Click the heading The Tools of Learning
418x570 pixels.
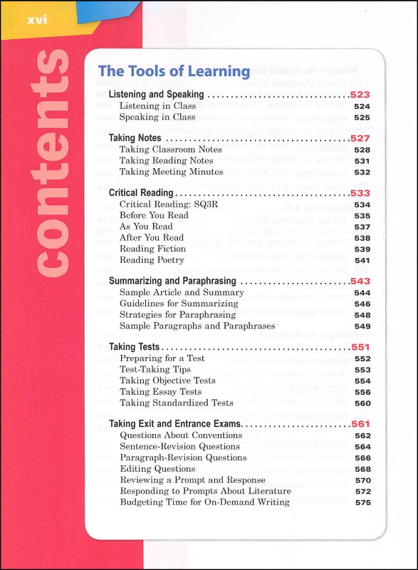(174, 71)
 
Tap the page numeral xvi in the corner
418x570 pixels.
(36, 20)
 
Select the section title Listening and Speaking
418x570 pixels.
(156, 94)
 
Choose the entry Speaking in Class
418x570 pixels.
(157, 117)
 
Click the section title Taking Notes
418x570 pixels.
(135, 138)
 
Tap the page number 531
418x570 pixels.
(362, 161)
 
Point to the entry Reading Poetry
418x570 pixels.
(152, 260)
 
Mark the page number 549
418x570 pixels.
(362, 326)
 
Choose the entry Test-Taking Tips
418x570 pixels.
(155, 370)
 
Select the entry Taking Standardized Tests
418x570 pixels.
(177, 403)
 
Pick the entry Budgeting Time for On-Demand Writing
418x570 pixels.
(204, 502)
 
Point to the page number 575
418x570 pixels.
(362, 502)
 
